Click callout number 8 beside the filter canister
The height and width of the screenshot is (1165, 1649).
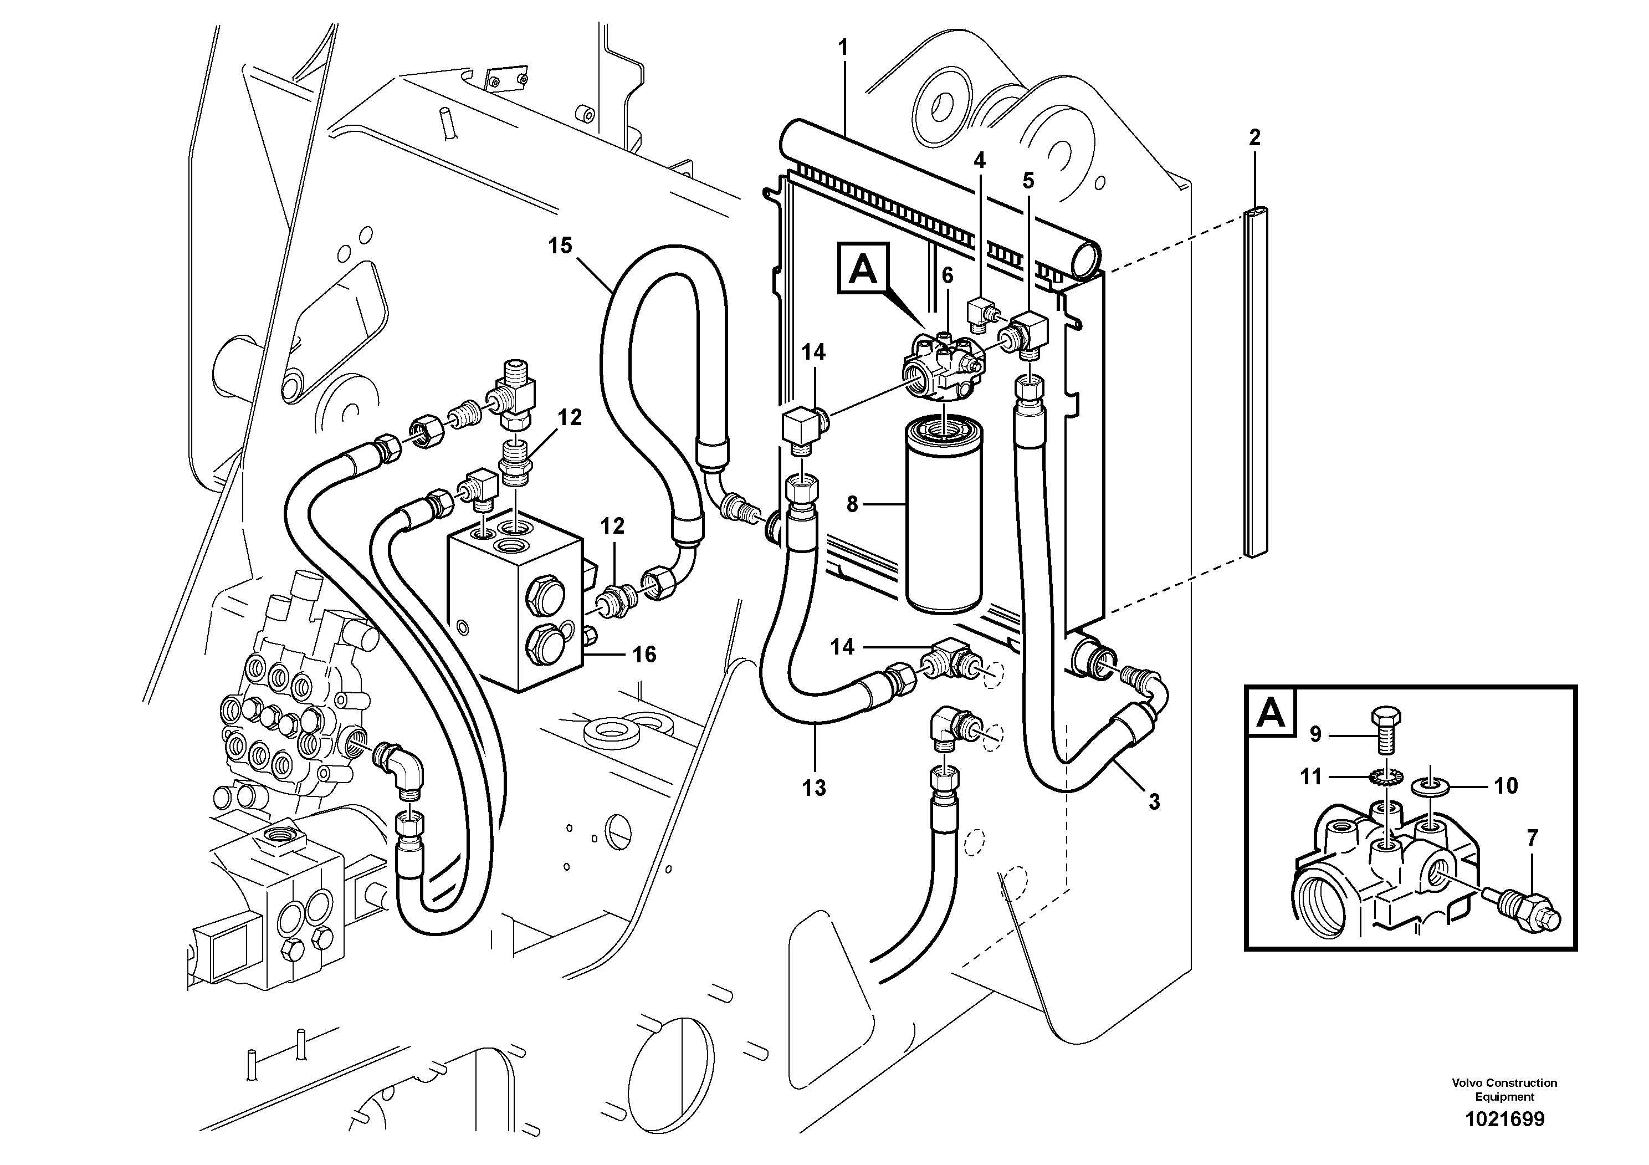coord(853,504)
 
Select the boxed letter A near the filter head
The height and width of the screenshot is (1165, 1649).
coord(863,269)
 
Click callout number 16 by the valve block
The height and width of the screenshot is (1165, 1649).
coord(644,655)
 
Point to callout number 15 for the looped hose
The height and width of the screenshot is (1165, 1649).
coord(560,246)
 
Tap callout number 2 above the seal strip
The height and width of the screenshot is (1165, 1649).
coord(1254,137)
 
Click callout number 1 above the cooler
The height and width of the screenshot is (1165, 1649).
coord(843,48)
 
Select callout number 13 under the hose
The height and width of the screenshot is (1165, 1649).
coord(815,788)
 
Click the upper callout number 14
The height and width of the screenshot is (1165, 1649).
coord(814,352)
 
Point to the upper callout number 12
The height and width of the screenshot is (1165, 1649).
coord(570,417)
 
